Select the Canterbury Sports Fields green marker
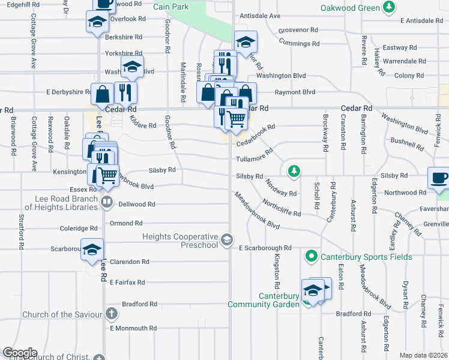click(312, 257)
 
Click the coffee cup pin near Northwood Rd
click(438, 178)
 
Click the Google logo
click(20, 353)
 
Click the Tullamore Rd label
click(255, 159)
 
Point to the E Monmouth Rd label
click(133, 328)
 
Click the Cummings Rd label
click(299, 44)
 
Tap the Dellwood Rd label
click(137, 204)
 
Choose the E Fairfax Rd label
click(127, 282)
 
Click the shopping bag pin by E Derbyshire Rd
click(103, 94)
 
